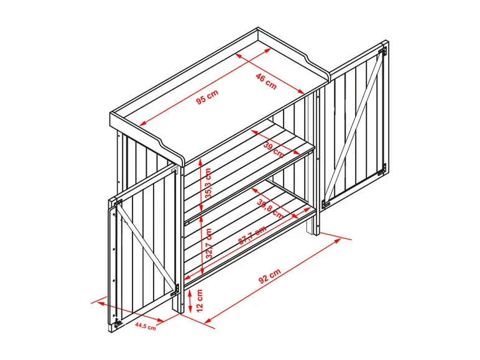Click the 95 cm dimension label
pos(208,97)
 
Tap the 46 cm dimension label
pos(266,82)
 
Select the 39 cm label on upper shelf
pos(274,150)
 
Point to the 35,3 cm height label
pos(208,183)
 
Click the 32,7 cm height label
pos(209,244)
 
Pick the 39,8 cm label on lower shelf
pos(270,209)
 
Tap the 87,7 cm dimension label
pos(252,235)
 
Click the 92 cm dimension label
pos(270,277)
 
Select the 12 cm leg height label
pos(200,300)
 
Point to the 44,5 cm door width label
pos(145,326)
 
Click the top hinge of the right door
pos(382,52)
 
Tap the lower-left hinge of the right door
pos(325,203)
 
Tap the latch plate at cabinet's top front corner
pos(175,170)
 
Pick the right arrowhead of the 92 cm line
pos(338,241)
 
